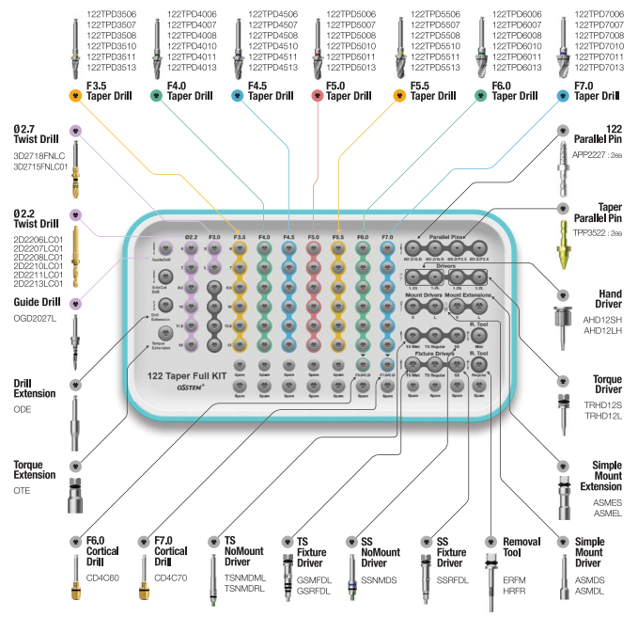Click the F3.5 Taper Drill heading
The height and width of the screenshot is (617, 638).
[x=110, y=91]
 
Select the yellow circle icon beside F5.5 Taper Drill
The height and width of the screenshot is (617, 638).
[x=399, y=96]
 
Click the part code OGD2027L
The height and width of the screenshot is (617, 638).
[x=35, y=318]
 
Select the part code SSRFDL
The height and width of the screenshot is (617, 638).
[x=453, y=580]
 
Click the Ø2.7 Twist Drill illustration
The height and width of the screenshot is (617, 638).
[x=74, y=169]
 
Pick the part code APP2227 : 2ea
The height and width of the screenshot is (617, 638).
[x=597, y=153]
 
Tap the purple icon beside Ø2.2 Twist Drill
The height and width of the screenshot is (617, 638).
[x=77, y=214]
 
